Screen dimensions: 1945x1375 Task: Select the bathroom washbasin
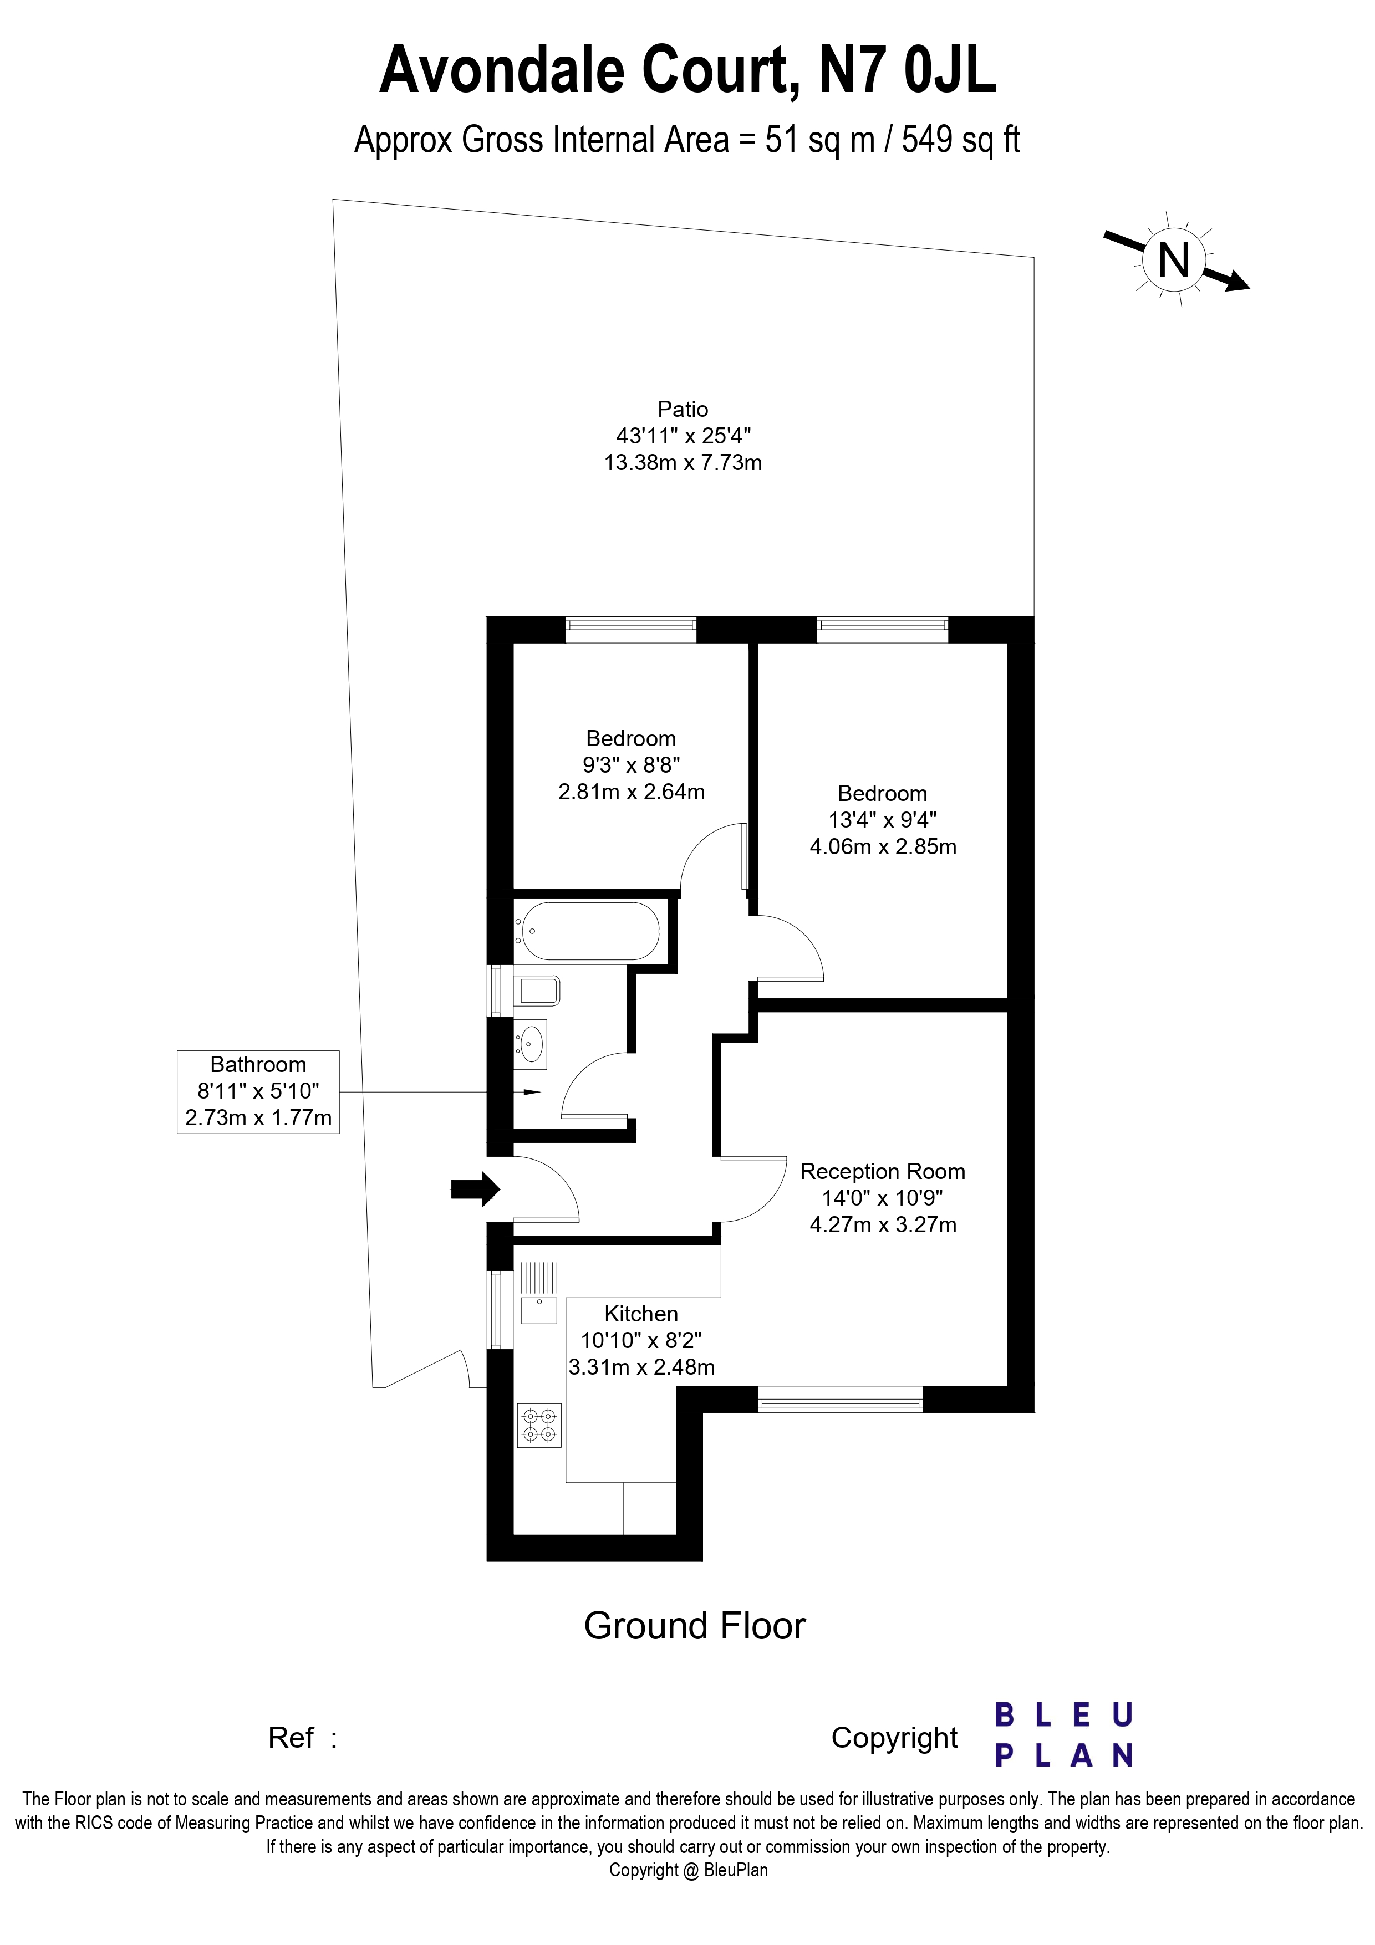point(531,1043)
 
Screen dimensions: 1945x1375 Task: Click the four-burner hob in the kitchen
point(539,1425)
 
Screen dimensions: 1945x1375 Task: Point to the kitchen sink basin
point(538,1310)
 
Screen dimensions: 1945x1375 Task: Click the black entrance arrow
point(475,1190)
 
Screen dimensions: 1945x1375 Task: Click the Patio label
point(683,409)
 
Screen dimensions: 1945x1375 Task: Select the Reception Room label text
point(882,1172)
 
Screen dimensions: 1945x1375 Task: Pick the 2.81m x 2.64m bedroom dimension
point(631,792)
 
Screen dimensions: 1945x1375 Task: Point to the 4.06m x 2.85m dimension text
point(883,846)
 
